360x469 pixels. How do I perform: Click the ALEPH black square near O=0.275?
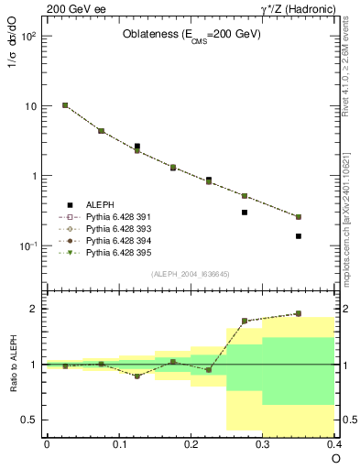(x=245, y=213)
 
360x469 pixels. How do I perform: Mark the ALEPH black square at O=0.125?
(x=136, y=146)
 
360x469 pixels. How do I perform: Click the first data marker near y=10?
(x=65, y=105)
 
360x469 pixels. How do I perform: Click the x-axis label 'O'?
(x=335, y=457)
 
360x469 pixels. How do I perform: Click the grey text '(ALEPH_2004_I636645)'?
(x=191, y=273)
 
